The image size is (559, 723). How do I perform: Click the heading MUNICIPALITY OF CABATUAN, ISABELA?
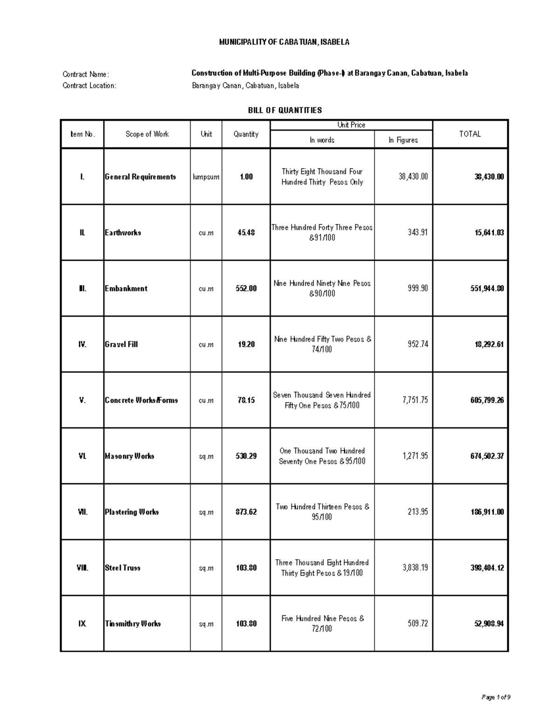(284, 42)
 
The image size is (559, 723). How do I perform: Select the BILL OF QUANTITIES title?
(285, 110)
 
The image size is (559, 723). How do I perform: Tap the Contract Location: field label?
(89, 86)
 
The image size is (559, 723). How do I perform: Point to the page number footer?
(496, 697)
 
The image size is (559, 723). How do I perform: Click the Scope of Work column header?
(147, 134)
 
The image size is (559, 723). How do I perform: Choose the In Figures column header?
(403, 140)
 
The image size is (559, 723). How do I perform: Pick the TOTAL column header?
(470, 134)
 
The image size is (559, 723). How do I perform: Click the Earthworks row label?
(123, 232)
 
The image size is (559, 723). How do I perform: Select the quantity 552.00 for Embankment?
(246, 288)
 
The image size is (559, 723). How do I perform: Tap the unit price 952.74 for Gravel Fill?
(418, 344)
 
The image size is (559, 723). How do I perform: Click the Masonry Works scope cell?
(129, 456)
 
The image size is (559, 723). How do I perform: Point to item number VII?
(82, 512)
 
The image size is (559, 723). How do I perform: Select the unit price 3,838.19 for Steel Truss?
(415, 568)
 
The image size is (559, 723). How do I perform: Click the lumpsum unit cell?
(206, 177)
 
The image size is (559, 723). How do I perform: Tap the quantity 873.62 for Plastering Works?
(246, 512)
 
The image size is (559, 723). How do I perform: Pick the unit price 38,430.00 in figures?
(413, 176)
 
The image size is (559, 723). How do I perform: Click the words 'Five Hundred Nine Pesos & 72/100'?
(322, 623)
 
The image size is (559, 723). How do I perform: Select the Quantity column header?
(246, 134)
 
